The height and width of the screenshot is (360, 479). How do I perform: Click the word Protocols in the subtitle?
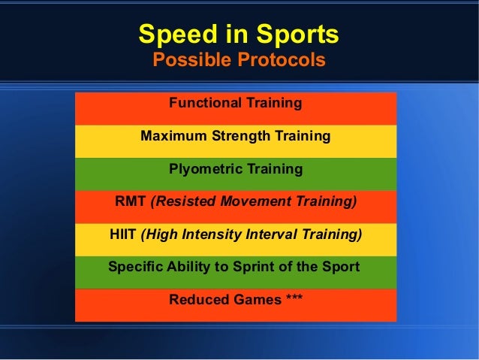[x=281, y=60]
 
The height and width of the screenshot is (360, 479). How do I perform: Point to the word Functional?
[x=203, y=103]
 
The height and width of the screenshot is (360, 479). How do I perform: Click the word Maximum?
[x=170, y=137]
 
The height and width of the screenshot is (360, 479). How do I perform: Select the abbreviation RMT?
[x=131, y=201]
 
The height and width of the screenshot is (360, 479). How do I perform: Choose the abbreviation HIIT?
[x=122, y=234]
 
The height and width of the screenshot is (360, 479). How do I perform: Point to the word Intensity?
[x=210, y=234]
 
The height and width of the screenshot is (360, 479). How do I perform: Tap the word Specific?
[x=134, y=267]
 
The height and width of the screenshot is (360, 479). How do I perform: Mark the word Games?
[x=252, y=300]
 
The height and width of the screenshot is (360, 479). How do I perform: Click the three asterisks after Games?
[x=294, y=298]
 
